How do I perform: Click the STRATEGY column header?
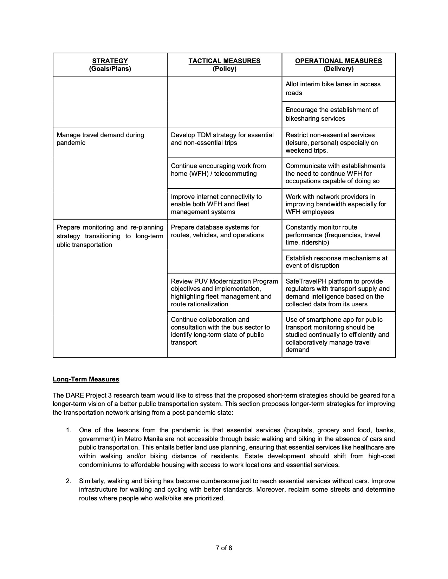tap(110, 65)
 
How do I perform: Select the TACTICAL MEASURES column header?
tap(224, 65)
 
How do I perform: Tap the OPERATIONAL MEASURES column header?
tap(338, 65)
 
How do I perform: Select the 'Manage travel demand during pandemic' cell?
tap(100, 139)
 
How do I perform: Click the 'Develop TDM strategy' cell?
tap(222, 139)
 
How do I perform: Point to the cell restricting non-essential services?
tap(332, 142)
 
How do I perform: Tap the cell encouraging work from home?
tap(218, 170)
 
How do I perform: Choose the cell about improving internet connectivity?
tap(216, 204)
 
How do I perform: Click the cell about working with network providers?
tap(336, 204)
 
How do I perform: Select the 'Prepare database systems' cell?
tap(217, 231)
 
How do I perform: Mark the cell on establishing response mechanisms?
tap(336, 262)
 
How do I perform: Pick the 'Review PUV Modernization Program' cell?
tap(224, 293)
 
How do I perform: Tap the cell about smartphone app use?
tap(337, 334)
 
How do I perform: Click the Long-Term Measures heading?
tap(86, 379)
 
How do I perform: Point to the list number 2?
tap(69, 481)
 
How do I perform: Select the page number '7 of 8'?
tap(224, 547)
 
